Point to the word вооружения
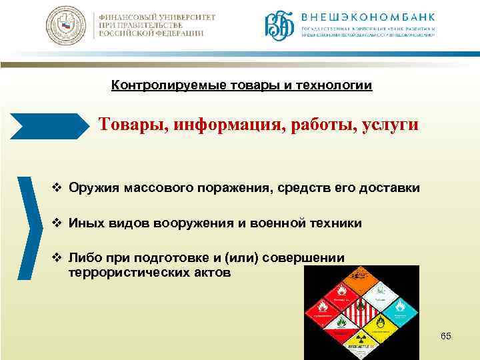(203, 223)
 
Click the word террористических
(125, 273)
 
